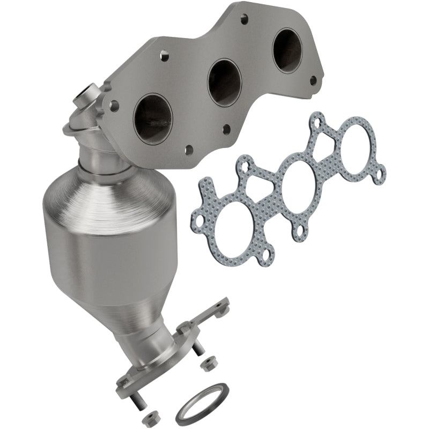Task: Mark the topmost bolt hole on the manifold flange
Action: coord(243,20)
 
